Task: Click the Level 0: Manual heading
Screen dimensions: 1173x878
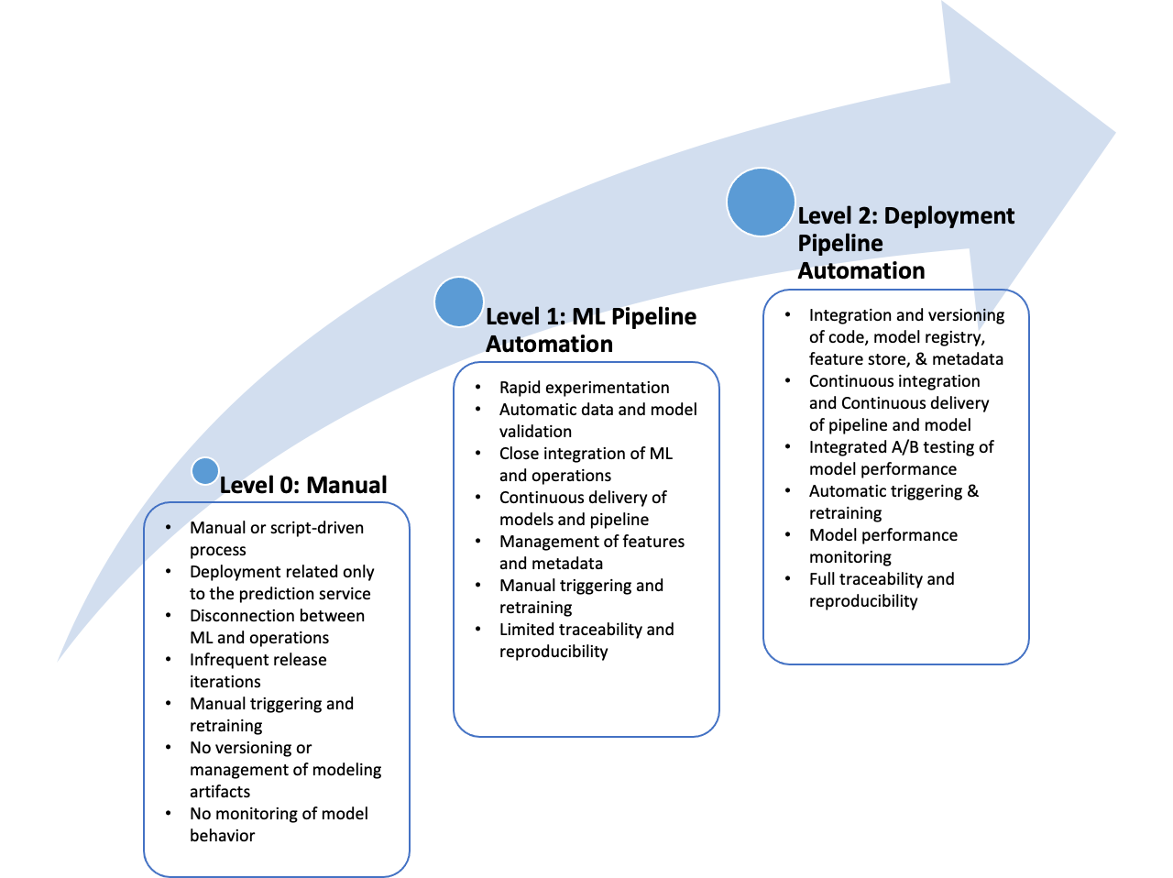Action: point(303,485)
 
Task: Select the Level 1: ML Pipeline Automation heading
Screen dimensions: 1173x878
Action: point(591,330)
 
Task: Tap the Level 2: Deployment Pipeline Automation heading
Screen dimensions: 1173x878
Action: point(905,243)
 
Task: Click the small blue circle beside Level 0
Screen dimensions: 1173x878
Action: point(205,471)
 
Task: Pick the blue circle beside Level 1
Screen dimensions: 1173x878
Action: point(459,302)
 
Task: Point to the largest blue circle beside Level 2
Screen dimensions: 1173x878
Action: point(761,202)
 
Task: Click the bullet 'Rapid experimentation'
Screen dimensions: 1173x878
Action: point(584,388)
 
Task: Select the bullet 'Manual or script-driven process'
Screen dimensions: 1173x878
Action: point(277,539)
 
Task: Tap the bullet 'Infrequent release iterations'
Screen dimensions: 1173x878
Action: point(258,671)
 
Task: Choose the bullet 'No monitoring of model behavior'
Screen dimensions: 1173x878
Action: point(279,825)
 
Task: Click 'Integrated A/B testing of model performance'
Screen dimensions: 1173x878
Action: point(902,458)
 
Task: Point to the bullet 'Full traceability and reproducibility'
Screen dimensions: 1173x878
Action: point(882,590)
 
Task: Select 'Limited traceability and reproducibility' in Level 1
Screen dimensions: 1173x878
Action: point(586,641)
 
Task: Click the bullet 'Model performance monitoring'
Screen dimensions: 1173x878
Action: point(883,545)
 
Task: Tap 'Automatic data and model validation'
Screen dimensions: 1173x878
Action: point(598,421)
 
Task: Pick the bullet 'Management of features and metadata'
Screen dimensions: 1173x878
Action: point(592,553)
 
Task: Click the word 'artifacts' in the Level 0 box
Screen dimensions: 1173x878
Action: point(220,792)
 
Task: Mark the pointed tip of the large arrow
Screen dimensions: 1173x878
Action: point(1115,132)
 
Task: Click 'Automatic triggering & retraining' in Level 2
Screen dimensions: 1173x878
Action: point(894,502)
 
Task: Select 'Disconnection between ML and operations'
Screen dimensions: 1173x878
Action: point(278,626)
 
